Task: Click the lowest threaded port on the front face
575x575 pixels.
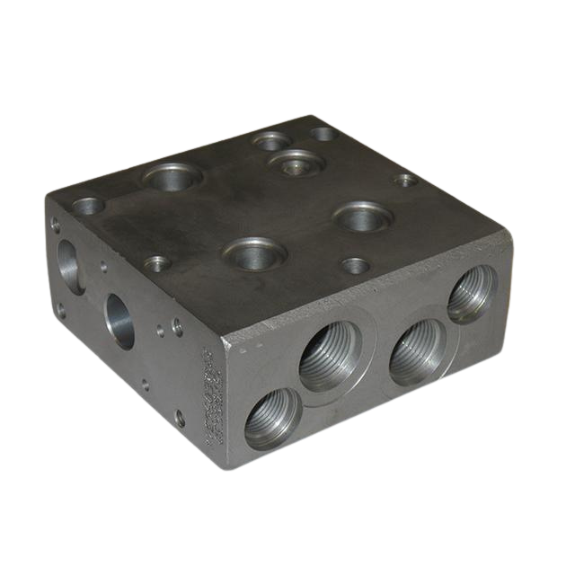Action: (x=271, y=418)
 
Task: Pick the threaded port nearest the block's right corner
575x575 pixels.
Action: (x=471, y=294)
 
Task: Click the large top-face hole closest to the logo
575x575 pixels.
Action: (x=172, y=176)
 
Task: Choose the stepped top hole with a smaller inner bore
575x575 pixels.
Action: (x=296, y=164)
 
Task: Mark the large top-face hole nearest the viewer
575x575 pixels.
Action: (x=255, y=253)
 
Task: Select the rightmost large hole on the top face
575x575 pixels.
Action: (x=363, y=217)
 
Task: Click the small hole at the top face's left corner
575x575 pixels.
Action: (x=88, y=206)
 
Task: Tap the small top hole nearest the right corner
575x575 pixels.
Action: (x=406, y=180)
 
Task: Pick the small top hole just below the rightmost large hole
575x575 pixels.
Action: (x=356, y=266)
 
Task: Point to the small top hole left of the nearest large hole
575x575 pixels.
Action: (x=157, y=263)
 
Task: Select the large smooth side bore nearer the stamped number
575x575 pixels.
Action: (x=119, y=321)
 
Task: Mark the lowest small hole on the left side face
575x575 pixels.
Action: (x=180, y=418)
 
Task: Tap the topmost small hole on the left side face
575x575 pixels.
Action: (x=56, y=226)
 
